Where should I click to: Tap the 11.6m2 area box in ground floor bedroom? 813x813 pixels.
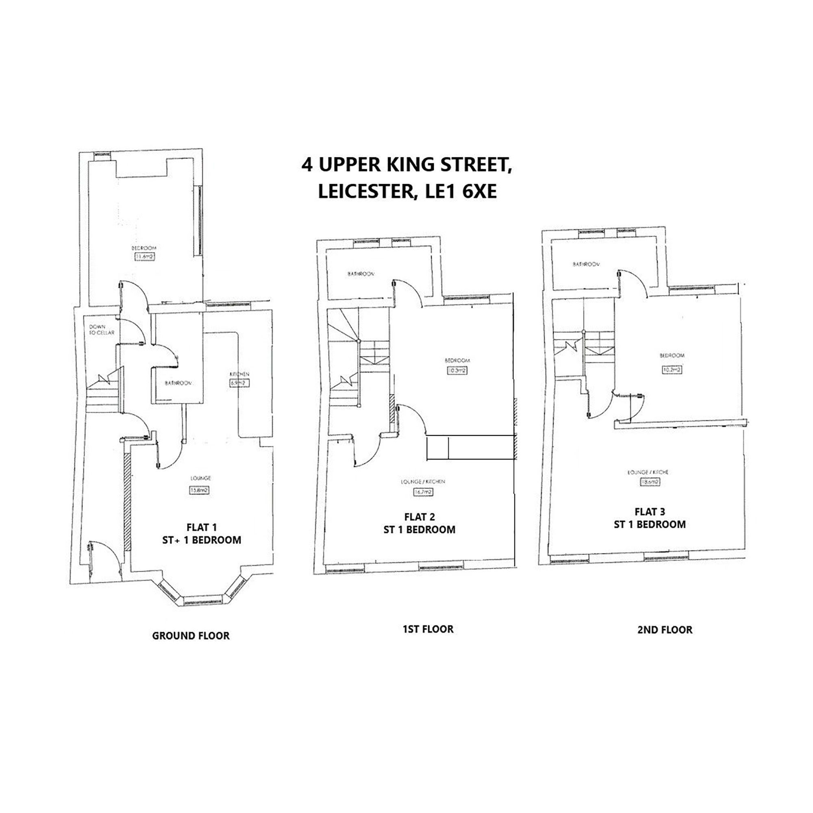point(145,256)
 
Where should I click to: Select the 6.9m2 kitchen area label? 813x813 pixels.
point(238,383)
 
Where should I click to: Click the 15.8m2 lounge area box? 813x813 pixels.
point(199,490)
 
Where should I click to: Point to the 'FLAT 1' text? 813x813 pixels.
point(202,527)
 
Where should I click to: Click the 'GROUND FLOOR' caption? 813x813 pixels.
point(191,635)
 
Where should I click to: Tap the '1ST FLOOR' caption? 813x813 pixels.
point(428,629)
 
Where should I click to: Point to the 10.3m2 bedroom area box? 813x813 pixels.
point(457,371)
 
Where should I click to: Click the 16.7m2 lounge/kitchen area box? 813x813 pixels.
point(423,492)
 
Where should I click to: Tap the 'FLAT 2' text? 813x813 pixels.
point(420,517)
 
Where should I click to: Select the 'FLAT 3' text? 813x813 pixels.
point(650,512)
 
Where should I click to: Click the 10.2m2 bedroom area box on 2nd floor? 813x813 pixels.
point(672,370)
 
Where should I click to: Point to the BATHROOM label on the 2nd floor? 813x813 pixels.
point(586,264)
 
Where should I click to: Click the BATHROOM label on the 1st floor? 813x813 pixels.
point(361,274)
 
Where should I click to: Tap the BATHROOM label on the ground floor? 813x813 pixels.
point(178,383)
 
